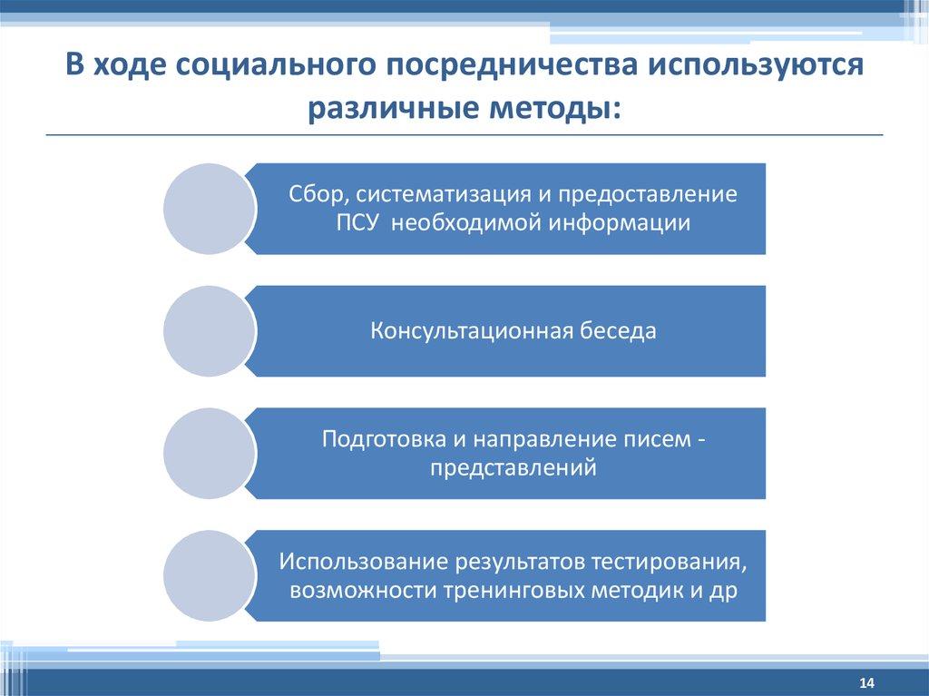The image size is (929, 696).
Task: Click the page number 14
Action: coord(865,682)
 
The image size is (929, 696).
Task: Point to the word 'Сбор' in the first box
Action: coord(315,195)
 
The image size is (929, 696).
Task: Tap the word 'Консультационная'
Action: coord(471,331)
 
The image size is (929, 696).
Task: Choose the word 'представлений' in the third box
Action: coord(513,468)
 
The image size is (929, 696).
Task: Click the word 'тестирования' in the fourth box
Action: coord(670,562)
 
